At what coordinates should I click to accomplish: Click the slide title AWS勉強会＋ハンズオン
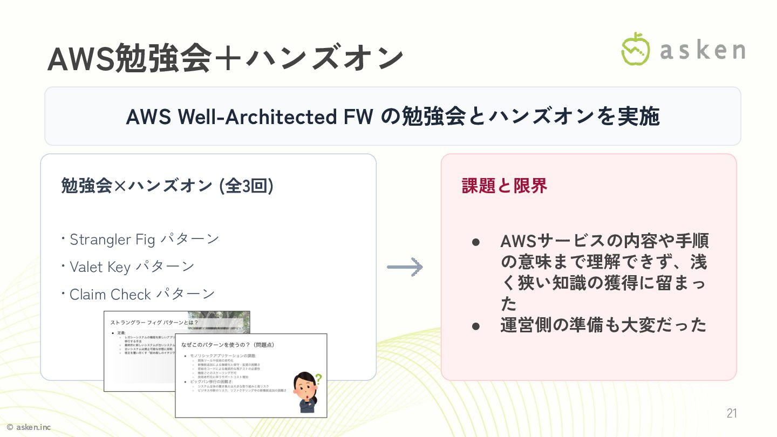click(225, 58)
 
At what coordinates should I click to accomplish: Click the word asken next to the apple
click(703, 50)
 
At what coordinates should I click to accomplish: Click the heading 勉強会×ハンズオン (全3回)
click(167, 186)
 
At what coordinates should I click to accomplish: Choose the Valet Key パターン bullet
click(132, 267)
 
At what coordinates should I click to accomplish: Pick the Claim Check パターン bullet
click(142, 294)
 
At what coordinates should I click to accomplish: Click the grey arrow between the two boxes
click(405, 267)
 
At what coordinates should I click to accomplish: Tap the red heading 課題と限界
click(505, 186)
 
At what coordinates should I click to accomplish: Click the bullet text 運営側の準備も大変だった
click(603, 325)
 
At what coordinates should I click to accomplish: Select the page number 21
click(732, 414)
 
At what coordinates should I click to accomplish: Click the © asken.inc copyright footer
click(28, 427)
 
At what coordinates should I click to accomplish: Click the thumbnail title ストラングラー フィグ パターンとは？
click(154, 322)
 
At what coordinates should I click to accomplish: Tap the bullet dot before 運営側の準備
click(476, 326)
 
